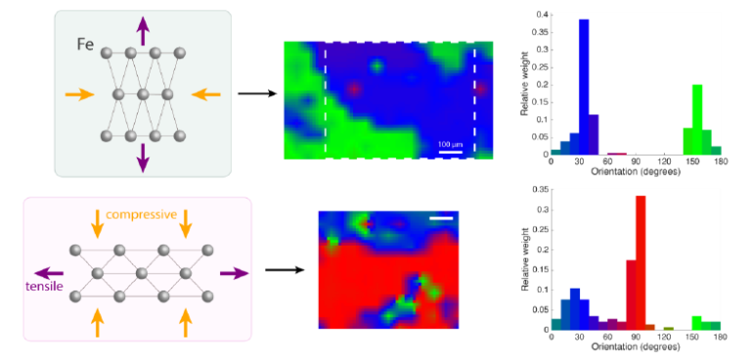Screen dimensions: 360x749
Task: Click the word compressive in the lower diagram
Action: pos(142,214)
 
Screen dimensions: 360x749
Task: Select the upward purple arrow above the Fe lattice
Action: pos(145,30)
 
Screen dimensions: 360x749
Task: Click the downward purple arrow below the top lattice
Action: pos(145,157)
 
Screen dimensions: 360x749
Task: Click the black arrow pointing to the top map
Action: pos(256,95)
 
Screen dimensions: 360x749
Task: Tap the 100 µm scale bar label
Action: pos(450,143)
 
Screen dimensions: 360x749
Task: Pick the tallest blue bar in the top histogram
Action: pos(584,86)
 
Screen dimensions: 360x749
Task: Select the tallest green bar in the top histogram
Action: pos(697,119)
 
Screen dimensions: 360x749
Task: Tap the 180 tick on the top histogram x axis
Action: pos(720,162)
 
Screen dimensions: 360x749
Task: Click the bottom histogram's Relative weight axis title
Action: pos(524,256)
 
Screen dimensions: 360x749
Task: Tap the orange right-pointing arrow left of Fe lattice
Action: pos(80,95)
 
